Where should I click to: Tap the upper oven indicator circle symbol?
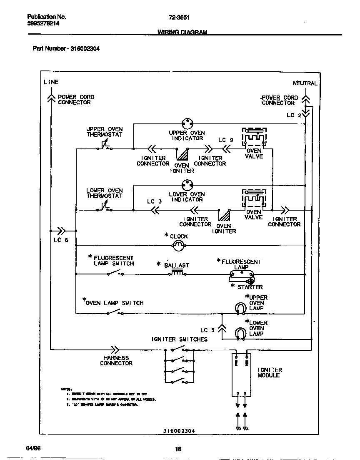click(187, 123)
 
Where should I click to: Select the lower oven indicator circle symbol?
click(187, 184)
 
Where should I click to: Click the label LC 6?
click(60, 240)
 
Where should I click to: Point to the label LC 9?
click(226, 140)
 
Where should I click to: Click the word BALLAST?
click(177, 265)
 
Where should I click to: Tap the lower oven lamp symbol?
click(240, 333)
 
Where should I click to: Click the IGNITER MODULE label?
click(270, 372)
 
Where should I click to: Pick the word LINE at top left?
click(51, 82)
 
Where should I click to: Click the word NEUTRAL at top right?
click(305, 83)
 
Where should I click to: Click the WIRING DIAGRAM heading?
click(182, 32)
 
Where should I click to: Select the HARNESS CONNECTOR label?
click(116, 360)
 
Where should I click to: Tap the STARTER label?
click(250, 287)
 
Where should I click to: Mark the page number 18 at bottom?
click(178, 449)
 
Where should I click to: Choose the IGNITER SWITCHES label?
click(179, 339)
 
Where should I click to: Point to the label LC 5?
click(207, 330)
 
